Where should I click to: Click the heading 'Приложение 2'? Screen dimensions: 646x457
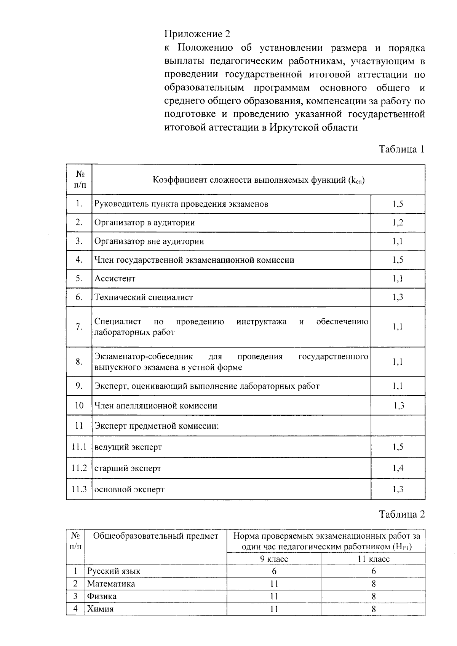[x=197, y=34]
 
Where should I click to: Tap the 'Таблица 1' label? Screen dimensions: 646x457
[x=401, y=149]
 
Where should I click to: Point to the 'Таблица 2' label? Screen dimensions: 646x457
[x=401, y=514]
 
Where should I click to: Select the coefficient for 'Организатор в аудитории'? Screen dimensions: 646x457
[x=398, y=223]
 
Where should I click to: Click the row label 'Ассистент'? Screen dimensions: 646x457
[x=115, y=279]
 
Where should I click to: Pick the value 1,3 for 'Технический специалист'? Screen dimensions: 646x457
[x=398, y=297]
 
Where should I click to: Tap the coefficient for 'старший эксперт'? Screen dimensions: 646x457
[x=398, y=468]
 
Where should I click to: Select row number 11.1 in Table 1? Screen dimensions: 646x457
[x=79, y=447]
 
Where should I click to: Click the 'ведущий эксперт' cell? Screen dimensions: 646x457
[x=128, y=447]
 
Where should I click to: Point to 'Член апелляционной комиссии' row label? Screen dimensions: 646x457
[x=156, y=406]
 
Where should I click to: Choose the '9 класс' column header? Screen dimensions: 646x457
[x=274, y=559]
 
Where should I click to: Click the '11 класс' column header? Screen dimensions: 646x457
[x=373, y=559]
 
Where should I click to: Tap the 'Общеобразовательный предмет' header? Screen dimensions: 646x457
[x=156, y=536]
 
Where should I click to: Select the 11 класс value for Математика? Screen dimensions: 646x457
[x=374, y=584]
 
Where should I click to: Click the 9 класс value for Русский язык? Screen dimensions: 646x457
[x=274, y=571]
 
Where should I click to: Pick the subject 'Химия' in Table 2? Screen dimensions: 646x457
[x=100, y=609]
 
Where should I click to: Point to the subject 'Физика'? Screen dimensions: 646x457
[x=102, y=596]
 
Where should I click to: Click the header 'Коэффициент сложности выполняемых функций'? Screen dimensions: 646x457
[x=259, y=180]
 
